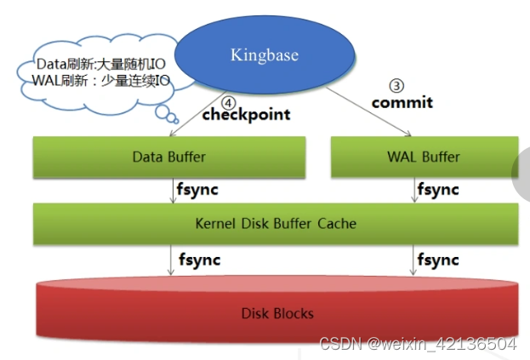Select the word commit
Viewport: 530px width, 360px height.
[402, 102]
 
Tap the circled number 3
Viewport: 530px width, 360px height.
[396, 85]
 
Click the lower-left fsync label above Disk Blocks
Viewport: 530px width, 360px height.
[199, 259]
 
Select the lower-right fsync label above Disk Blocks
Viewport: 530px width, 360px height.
[437, 259]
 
